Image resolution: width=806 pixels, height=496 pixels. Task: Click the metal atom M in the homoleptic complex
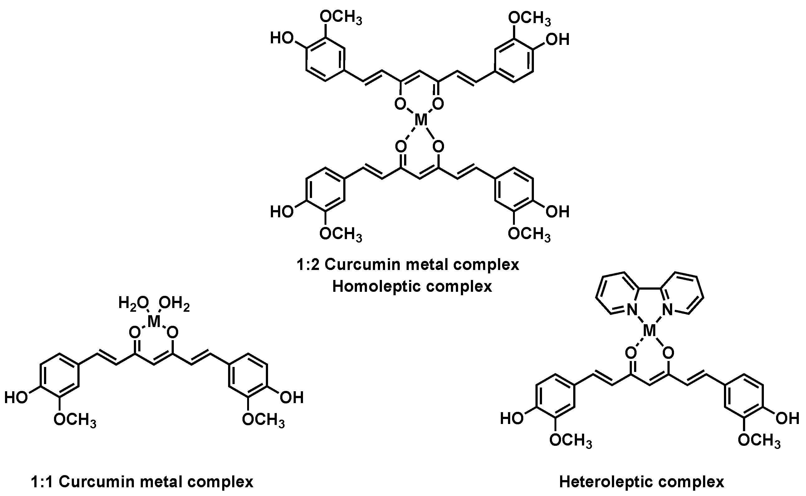tap(421, 120)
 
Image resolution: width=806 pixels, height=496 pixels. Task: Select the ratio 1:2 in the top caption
tap(308, 264)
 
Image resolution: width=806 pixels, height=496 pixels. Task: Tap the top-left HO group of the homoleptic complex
tap(282, 39)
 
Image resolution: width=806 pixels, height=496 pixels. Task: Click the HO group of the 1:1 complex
tap(16, 398)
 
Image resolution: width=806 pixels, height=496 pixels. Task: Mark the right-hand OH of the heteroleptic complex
tap(787, 419)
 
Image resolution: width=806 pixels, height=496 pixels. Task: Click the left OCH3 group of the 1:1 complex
tap(75, 420)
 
